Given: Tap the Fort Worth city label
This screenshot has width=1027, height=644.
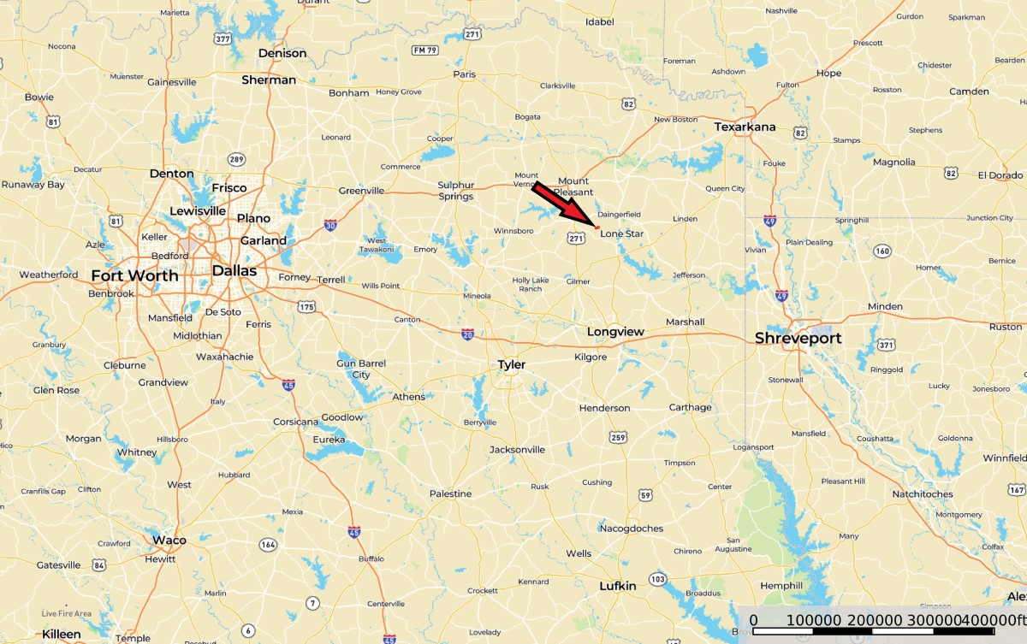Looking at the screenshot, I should click(135, 275).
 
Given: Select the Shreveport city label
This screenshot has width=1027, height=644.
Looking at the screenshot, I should click(798, 339).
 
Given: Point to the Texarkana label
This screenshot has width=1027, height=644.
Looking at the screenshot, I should click(745, 127).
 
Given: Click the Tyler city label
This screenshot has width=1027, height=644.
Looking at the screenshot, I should click(512, 365).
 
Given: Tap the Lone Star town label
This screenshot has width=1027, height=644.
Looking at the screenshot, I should click(622, 233).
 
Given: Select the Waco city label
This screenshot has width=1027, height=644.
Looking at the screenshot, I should click(169, 540).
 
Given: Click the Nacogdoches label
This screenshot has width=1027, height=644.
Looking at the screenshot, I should click(631, 529).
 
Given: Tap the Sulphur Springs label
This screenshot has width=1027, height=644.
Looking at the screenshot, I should click(455, 191).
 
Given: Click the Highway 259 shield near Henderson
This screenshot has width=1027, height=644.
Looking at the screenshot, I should click(618, 438).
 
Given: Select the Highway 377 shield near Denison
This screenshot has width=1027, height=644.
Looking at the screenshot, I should click(223, 38).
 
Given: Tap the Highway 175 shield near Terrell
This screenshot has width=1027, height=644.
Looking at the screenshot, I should click(306, 306).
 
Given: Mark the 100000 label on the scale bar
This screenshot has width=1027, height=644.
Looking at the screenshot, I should click(814, 620).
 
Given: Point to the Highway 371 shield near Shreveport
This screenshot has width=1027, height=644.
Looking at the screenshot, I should click(886, 345).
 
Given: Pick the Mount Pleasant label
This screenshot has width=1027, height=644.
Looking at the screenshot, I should click(573, 186).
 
